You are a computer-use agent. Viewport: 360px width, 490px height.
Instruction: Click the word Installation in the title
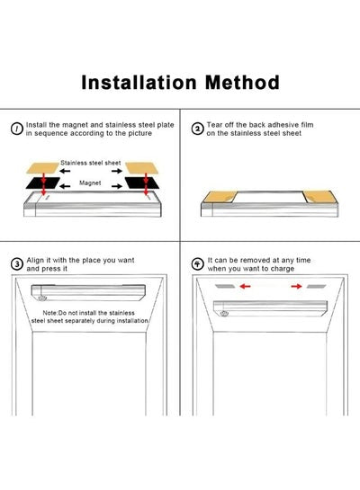click(x=139, y=83)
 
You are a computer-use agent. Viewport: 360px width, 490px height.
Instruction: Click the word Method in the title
click(x=242, y=83)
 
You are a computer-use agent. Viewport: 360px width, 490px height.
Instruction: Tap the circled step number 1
click(x=17, y=129)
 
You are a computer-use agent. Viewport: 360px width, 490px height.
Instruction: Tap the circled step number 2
click(x=197, y=129)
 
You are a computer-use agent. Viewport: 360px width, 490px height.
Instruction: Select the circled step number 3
click(x=17, y=264)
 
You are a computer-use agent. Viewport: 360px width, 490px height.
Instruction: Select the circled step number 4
click(x=197, y=264)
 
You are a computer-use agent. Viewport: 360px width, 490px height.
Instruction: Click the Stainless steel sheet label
click(x=90, y=163)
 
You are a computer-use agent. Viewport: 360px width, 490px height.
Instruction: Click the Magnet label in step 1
click(x=90, y=183)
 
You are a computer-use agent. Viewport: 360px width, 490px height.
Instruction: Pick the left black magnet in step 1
click(x=43, y=183)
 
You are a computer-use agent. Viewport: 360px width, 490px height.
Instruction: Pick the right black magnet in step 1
click(x=141, y=183)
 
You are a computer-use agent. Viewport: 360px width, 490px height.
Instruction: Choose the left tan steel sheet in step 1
click(x=42, y=168)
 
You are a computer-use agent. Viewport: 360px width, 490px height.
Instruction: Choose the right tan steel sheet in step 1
click(x=141, y=167)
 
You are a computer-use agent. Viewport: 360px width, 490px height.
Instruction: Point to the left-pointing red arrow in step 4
click(x=245, y=286)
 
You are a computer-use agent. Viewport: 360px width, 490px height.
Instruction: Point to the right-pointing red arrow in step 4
click(x=296, y=286)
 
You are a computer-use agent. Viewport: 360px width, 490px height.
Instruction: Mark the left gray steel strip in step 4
click(x=225, y=286)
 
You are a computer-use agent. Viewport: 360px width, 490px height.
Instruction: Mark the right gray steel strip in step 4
click(x=316, y=286)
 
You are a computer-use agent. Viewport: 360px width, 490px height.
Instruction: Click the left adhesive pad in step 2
click(x=220, y=197)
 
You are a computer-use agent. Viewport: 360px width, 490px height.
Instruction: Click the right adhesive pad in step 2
click(x=319, y=197)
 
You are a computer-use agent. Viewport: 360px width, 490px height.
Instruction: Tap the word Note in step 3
click(x=49, y=313)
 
